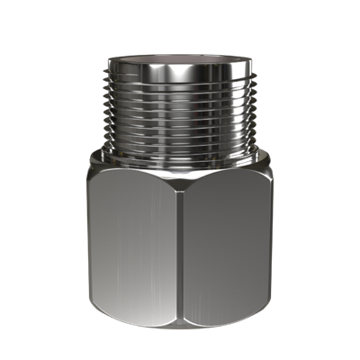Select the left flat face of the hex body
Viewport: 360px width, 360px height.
coord(135,243)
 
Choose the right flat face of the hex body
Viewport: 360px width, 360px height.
coord(225,243)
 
